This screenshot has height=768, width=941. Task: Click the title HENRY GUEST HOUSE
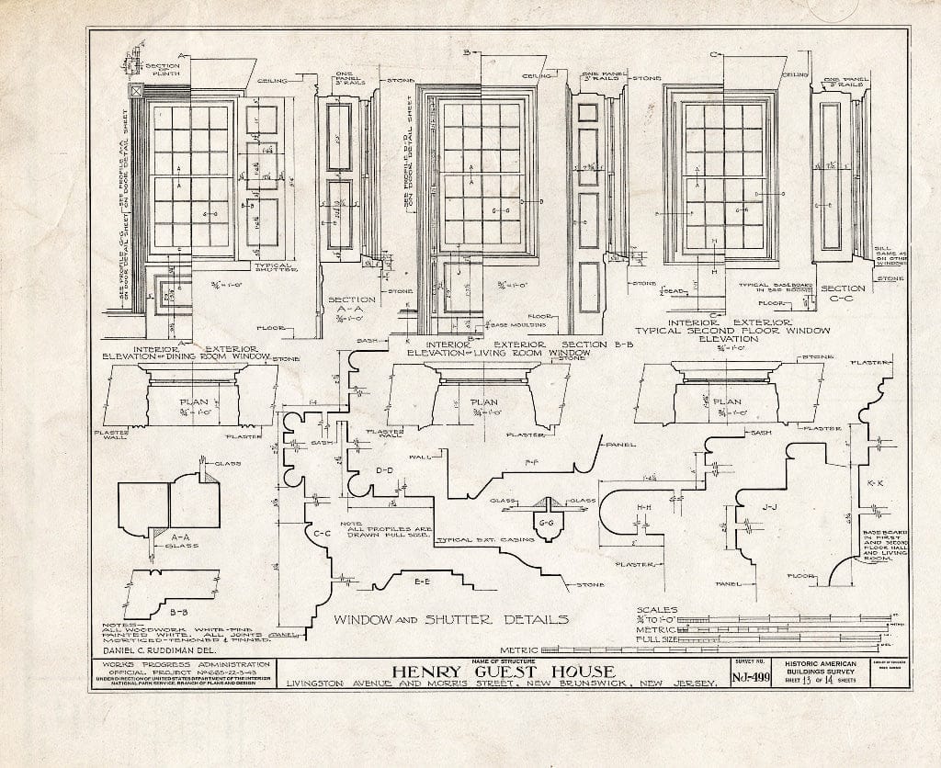pos(504,672)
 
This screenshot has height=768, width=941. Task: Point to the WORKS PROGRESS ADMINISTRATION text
pos(187,663)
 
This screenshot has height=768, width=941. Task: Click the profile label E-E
pos(423,582)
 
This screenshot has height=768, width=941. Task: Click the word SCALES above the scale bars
pos(657,610)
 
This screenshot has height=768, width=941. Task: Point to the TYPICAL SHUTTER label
pos(259,267)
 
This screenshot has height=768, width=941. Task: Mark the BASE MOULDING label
pos(520,325)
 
